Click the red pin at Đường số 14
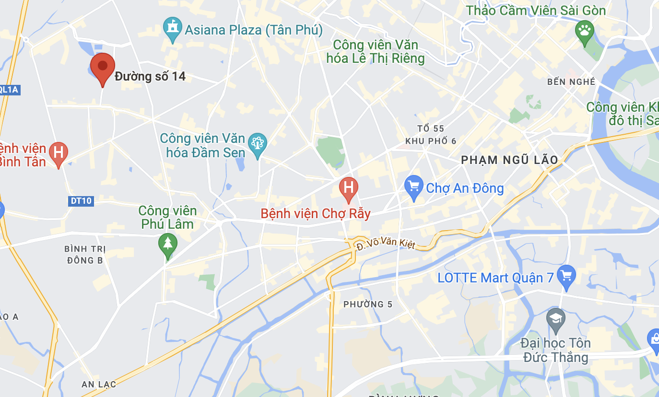pyautogui.click(x=103, y=67)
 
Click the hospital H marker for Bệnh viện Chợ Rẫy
pyautogui.click(x=349, y=187)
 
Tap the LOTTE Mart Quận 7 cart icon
pyautogui.click(x=567, y=276)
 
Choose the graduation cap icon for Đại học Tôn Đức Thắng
pyautogui.click(x=556, y=319)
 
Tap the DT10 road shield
pyautogui.click(x=81, y=201)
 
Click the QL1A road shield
pyautogui.click(x=9, y=89)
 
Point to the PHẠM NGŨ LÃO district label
pyautogui.click(x=509, y=160)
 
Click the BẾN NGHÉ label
pyautogui.click(x=571, y=82)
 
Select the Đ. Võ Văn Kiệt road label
pyautogui.click(x=385, y=245)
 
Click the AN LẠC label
pyautogui.click(x=95, y=385)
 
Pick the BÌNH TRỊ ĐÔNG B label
pyautogui.click(x=85, y=255)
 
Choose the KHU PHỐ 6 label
pyautogui.click(x=431, y=141)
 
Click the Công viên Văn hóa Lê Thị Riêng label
pyautogui.click(x=376, y=52)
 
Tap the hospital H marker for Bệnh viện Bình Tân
pyautogui.click(x=59, y=153)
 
